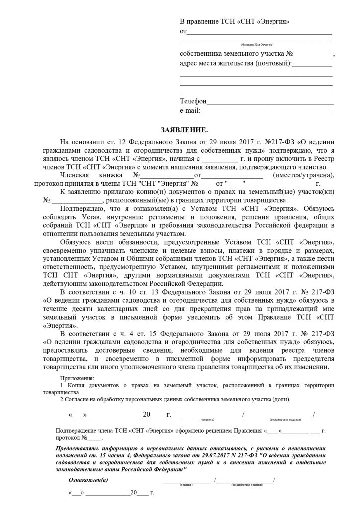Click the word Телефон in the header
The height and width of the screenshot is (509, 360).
[193, 101]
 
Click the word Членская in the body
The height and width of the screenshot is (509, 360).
[74, 175]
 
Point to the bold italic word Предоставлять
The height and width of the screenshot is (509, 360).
[80, 448]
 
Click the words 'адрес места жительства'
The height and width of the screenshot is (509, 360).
[217, 64]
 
